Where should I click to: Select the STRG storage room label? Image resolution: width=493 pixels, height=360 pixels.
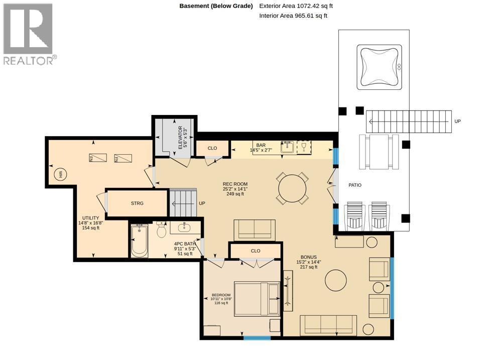[137, 203]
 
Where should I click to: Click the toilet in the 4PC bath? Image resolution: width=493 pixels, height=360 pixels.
[161, 230]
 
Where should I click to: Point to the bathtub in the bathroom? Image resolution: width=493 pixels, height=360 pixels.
[139, 240]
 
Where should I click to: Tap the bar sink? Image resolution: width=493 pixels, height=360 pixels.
[287, 147]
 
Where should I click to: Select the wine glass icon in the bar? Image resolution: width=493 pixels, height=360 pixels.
[304, 147]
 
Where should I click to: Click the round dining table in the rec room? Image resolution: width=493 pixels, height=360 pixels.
[292, 189]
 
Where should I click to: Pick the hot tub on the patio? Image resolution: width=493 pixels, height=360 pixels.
[379, 67]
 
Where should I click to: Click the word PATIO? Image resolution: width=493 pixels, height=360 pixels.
[355, 185]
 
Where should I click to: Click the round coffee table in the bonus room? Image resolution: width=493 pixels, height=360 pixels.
[336, 280]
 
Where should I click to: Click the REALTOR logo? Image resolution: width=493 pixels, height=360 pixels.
[30, 34]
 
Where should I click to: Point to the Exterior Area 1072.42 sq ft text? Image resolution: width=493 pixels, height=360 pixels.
[296, 6]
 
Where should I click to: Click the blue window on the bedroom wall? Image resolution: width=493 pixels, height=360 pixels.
[257, 338]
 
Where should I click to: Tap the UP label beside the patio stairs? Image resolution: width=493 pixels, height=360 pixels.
[457, 122]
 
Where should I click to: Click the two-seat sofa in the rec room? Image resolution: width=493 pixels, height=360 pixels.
[255, 230]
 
